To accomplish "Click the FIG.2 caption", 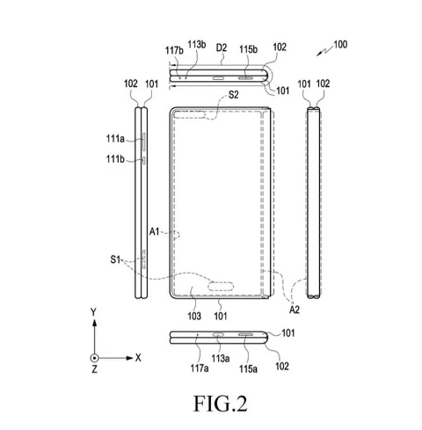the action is click(221, 404).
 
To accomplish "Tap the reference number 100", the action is click(340, 45).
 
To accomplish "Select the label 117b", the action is click(174, 50).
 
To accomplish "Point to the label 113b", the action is click(197, 45).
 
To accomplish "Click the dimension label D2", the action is click(222, 47).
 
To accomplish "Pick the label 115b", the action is click(248, 49).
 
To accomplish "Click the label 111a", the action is click(115, 138).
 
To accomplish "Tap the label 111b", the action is click(115, 159).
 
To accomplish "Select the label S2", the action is click(233, 95).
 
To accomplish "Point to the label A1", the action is click(154, 232).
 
